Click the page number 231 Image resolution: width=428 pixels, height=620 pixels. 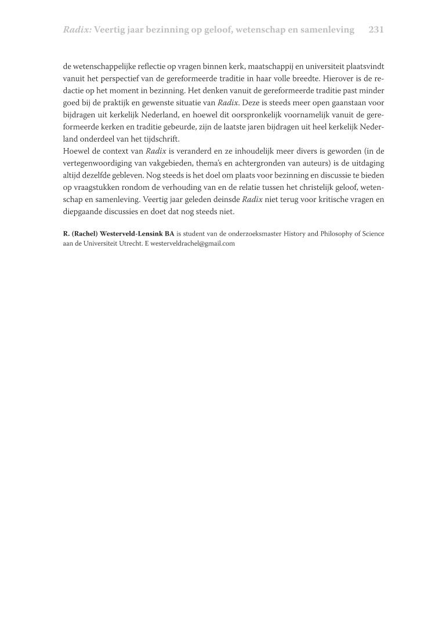(x=376, y=30)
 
